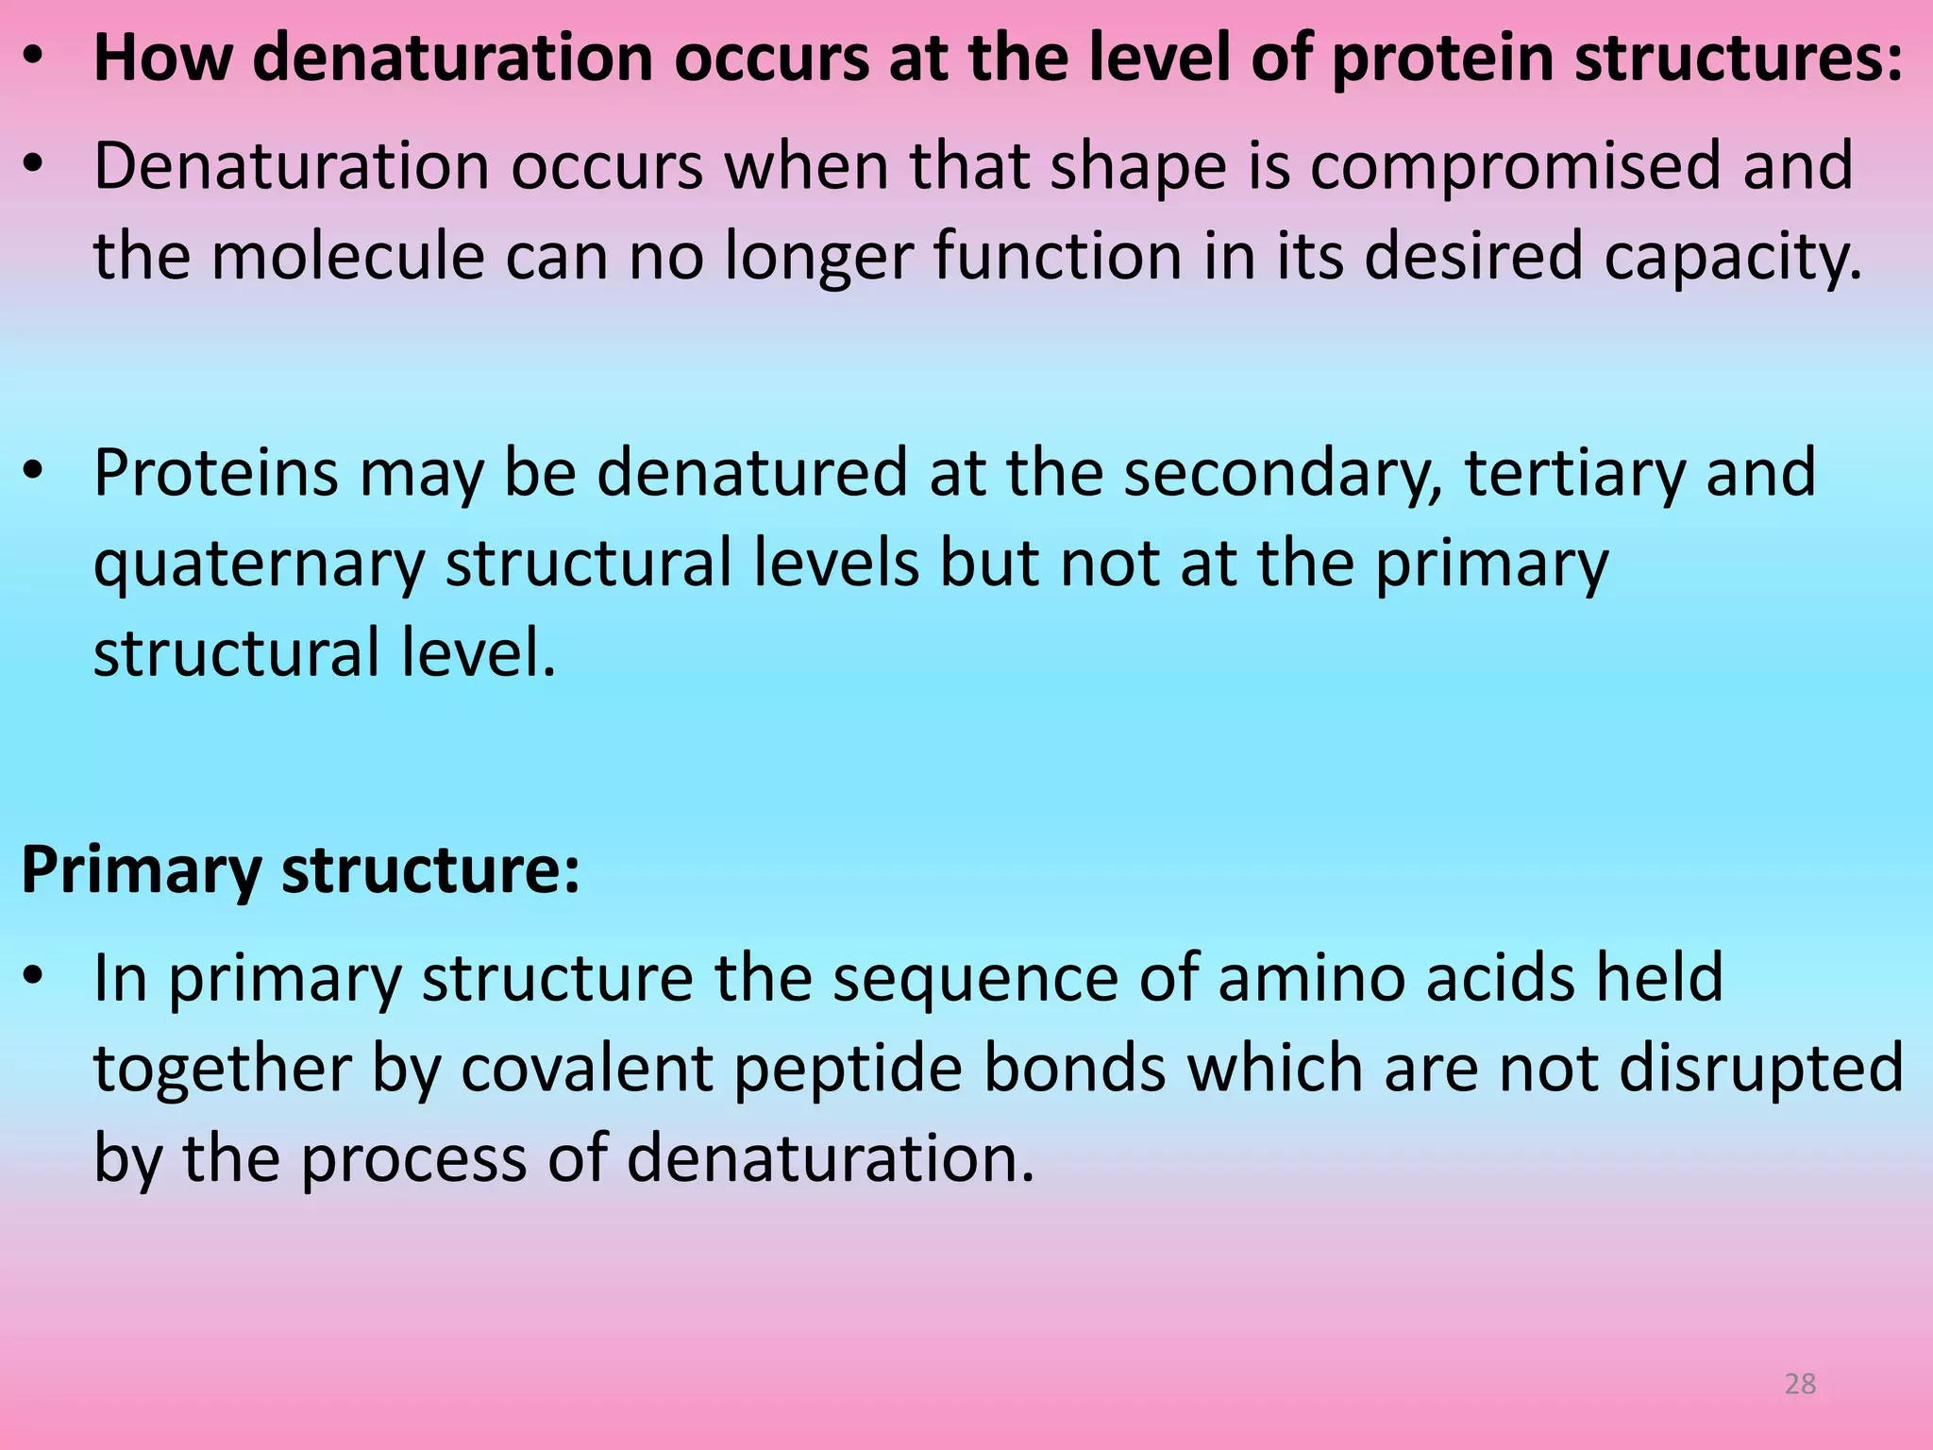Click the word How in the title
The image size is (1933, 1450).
click(162, 59)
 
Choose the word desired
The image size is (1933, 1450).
click(1473, 256)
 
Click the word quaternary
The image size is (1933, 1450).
click(259, 565)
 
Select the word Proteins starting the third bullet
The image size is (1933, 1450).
click(215, 473)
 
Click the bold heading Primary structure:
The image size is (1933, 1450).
click(300, 869)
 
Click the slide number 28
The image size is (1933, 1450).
click(1800, 1384)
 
